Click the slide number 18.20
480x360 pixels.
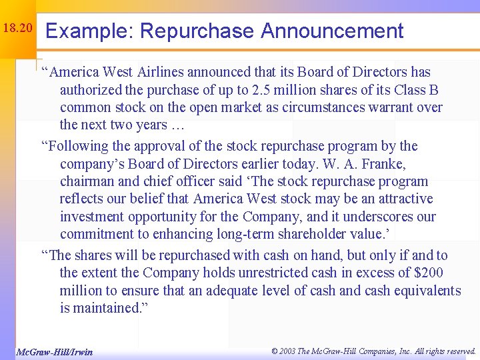click(17, 29)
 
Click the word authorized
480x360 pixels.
click(91, 90)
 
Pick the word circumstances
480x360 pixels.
click(345, 107)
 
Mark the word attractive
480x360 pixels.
click(399, 199)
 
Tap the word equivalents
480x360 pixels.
click(424, 291)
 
